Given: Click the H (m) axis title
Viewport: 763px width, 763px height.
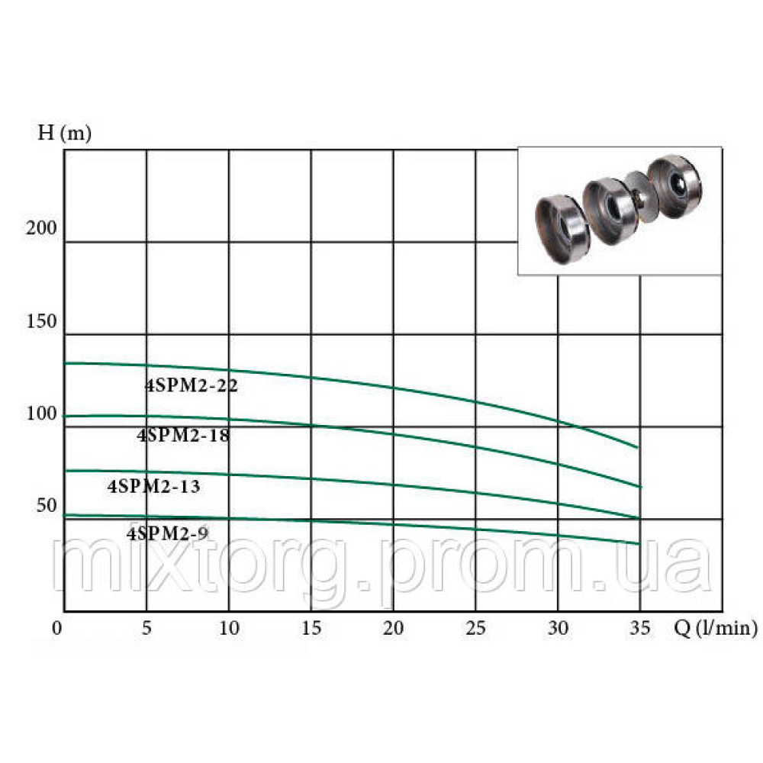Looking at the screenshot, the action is click(65, 133).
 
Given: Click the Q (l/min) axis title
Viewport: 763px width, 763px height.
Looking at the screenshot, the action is click(716, 628).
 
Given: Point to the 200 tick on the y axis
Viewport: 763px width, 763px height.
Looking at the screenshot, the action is click(41, 227).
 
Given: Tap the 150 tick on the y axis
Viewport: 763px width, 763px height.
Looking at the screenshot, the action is click(41, 321).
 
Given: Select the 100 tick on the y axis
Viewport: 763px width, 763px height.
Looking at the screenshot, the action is click(41, 414).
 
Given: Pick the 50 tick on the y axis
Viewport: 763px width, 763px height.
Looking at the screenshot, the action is click(47, 506).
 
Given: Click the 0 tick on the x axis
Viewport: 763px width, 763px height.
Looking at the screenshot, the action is click(57, 628).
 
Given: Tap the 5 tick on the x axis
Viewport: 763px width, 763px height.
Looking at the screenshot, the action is click(146, 628).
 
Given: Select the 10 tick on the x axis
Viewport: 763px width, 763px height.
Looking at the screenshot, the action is click(229, 628).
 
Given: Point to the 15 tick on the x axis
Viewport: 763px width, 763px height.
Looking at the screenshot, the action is click(311, 628).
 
